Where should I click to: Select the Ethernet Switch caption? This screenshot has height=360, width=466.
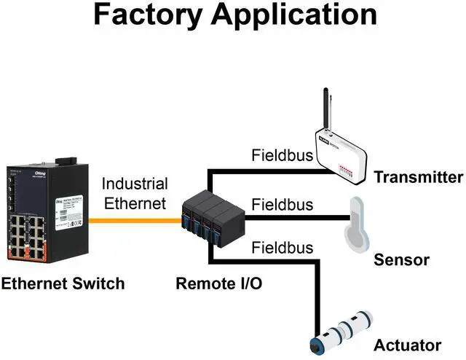pyautogui.click(x=63, y=283)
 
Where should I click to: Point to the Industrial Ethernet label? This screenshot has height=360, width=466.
pyautogui.click(x=135, y=194)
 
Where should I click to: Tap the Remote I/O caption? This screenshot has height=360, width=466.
pyautogui.click(x=219, y=283)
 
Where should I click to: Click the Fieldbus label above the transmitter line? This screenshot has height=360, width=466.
pyautogui.click(x=283, y=155)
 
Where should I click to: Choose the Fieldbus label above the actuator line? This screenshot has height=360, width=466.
pyautogui.click(x=283, y=248)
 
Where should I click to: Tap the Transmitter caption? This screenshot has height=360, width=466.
pyautogui.click(x=418, y=177)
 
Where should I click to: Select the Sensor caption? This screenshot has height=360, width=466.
pyautogui.click(x=402, y=260)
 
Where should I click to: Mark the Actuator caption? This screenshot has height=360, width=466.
pyautogui.click(x=408, y=345)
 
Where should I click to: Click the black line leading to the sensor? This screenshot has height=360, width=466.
pyautogui.click(x=299, y=216)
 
